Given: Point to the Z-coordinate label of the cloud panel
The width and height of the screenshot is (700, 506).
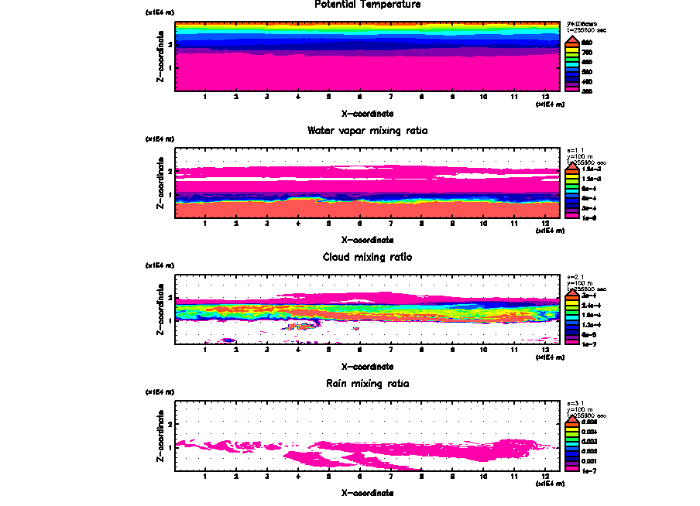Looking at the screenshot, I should pos(160,309).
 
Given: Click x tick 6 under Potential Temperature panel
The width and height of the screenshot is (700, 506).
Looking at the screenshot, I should pos(359,97).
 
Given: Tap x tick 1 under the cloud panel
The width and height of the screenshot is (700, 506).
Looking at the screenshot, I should pos(204,350).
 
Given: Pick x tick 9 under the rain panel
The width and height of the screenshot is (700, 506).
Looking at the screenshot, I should pos(452,477).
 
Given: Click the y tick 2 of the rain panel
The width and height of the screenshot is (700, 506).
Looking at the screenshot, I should pos(170,424).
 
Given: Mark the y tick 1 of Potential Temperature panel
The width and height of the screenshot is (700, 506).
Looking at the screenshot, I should pos(170,67).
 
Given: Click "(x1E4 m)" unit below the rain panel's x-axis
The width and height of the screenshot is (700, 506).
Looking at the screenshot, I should pos(549,485).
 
